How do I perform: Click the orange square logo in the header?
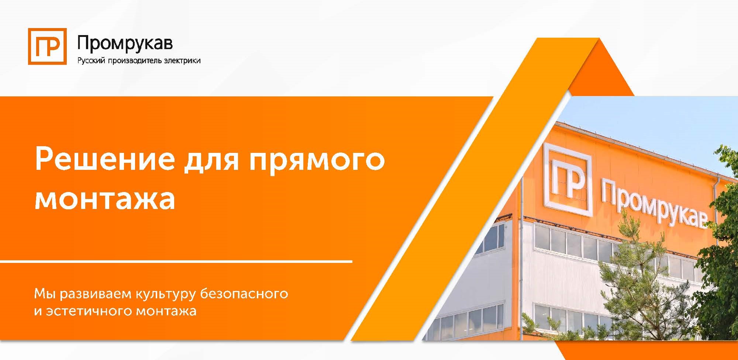[x=47, y=47]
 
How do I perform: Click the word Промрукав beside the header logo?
[x=125, y=43]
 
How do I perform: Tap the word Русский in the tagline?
[x=90, y=61]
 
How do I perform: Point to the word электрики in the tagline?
[x=182, y=61]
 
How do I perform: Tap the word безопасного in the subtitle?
[x=244, y=294]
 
